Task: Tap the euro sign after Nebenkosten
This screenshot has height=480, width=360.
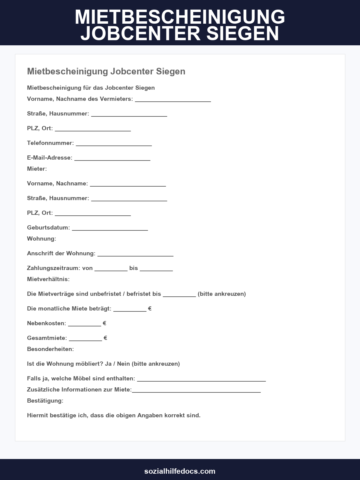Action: click(x=104, y=323)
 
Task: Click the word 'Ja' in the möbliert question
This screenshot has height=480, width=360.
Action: click(x=108, y=364)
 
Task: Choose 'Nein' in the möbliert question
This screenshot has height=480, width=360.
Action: click(x=123, y=364)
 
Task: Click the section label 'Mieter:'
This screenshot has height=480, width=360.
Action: click(x=37, y=169)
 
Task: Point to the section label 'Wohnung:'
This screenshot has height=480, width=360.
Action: click(x=41, y=238)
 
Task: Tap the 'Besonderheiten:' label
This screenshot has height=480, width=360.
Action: click(x=50, y=349)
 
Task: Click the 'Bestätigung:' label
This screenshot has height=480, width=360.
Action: click(x=45, y=400)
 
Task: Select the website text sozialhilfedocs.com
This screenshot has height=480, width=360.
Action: click(x=180, y=471)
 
